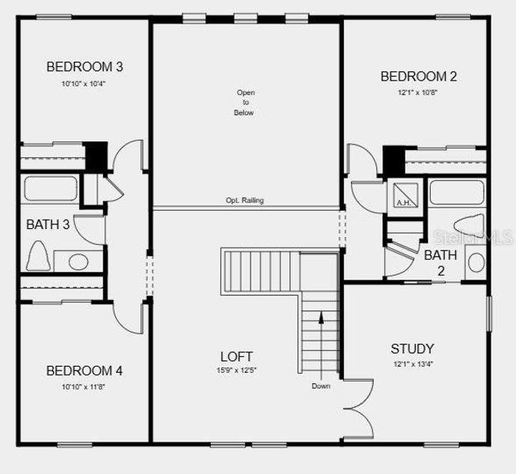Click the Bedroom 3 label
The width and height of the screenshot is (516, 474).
click(x=85, y=67)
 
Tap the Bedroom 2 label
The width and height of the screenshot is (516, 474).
click(x=418, y=77)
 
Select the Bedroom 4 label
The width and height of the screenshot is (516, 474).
click(x=85, y=371)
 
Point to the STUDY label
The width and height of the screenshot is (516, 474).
click(x=412, y=348)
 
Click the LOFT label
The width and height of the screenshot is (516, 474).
click(x=236, y=356)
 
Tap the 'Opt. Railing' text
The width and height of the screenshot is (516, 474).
click(x=244, y=201)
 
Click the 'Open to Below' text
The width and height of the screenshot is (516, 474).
click(x=244, y=103)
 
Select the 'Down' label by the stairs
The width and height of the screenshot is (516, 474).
click(x=321, y=386)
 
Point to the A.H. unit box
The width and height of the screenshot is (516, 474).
click(x=402, y=194)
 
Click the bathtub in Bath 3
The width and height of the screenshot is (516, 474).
click(x=51, y=190)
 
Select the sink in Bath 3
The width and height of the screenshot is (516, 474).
click(x=77, y=261)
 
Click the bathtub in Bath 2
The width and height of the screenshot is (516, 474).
click(x=456, y=192)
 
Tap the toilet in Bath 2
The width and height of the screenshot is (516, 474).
click(x=472, y=225)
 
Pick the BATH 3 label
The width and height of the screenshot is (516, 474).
click(x=47, y=224)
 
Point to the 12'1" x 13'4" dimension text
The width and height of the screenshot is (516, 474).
click(x=412, y=364)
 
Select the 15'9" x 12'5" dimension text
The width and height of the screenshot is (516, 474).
click(x=236, y=370)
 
